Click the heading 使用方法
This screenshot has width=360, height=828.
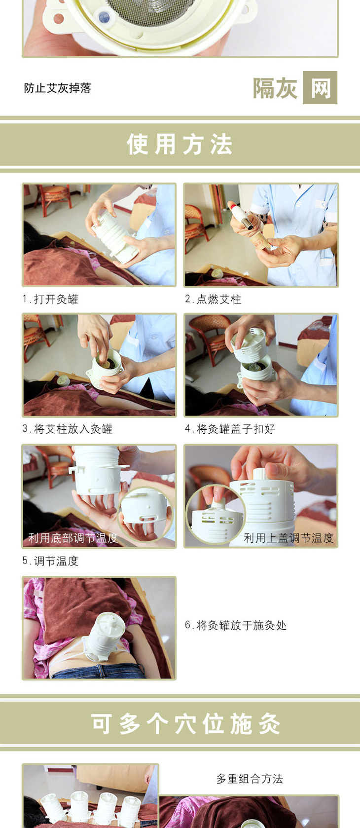pyautogui.click(x=180, y=144)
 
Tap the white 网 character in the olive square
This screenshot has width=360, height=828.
pyautogui.click(x=320, y=88)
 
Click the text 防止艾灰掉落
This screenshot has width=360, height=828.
pyautogui.click(x=57, y=88)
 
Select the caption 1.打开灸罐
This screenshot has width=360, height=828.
pyautogui.click(x=50, y=299)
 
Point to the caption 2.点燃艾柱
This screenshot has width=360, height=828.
pyautogui.click(x=213, y=299)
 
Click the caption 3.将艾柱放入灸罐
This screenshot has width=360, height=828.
pyautogui.click(x=67, y=429)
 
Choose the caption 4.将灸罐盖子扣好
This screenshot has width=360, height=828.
pyautogui.click(x=230, y=429)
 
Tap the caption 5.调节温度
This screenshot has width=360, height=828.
pyautogui.click(x=50, y=561)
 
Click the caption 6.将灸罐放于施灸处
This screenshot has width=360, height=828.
pyautogui.click(x=236, y=625)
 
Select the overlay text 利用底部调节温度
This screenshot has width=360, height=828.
pyautogui.click(x=73, y=538)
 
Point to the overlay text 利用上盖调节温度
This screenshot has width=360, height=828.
pyautogui.click(x=288, y=538)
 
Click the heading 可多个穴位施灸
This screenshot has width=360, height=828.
pyautogui.click(x=185, y=724)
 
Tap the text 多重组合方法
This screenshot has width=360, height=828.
pyautogui.click(x=250, y=779)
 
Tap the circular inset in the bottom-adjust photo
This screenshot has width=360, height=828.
pyautogui.click(x=145, y=514)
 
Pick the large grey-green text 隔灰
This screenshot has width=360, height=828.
pyautogui.click(x=275, y=88)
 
